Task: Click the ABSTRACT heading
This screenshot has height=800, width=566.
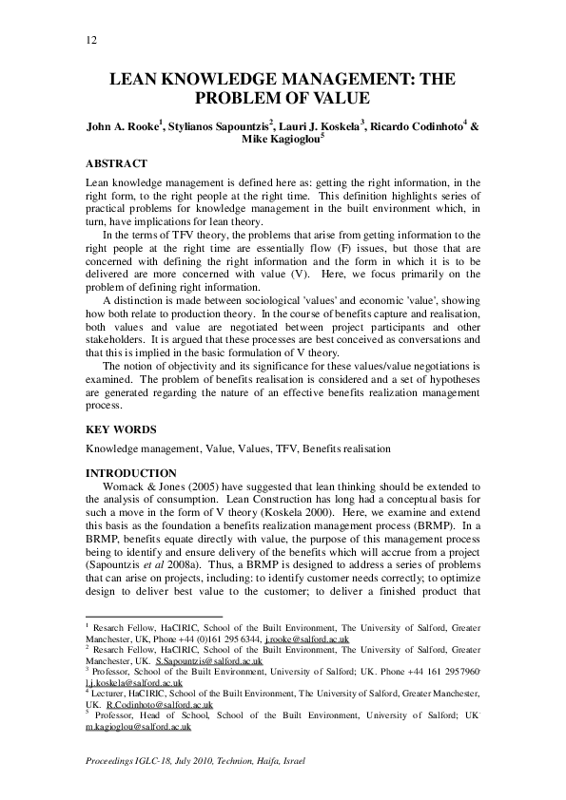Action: (x=116, y=163)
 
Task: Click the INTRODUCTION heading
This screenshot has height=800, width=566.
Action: (x=131, y=473)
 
